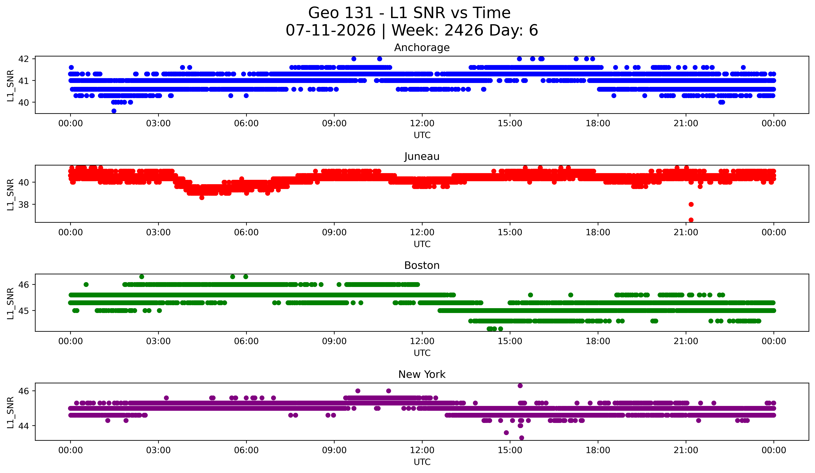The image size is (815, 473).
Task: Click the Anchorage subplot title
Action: coord(422,48)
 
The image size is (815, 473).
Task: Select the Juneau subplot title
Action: coord(422,156)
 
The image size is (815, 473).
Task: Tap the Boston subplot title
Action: coord(422,265)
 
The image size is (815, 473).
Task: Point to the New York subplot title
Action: coord(422,374)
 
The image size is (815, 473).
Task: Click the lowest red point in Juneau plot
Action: coord(691,220)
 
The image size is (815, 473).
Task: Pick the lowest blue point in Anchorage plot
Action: coord(114,111)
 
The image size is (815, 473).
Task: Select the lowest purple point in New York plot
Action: coord(521,438)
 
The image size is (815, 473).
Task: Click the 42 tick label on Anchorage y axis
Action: coord(24,59)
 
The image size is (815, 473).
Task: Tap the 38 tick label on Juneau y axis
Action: coord(24,204)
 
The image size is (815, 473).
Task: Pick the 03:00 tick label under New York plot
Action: coord(158,450)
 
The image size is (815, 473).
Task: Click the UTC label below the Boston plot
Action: coord(422,353)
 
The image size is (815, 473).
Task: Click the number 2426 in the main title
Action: coord(464,30)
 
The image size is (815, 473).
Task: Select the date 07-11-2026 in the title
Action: coord(331,30)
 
